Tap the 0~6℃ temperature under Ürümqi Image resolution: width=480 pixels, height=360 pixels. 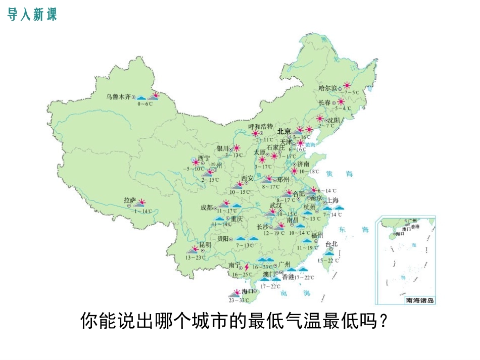click(x=145, y=104)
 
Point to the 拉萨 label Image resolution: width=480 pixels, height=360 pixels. click(x=130, y=200)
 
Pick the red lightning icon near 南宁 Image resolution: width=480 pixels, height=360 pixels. click(x=247, y=267)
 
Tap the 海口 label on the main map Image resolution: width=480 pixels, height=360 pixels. click(x=247, y=291)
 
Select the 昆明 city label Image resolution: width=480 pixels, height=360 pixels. click(x=205, y=244)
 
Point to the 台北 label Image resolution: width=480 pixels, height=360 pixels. click(x=331, y=244)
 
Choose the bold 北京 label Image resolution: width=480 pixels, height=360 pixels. click(x=284, y=131)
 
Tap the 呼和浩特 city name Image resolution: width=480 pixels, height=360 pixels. click(x=261, y=126)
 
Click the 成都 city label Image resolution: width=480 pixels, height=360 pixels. click(x=206, y=207)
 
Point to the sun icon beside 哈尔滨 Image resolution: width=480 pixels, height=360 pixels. click(x=347, y=85)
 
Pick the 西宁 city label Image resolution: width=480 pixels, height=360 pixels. click(x=204, y=158)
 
